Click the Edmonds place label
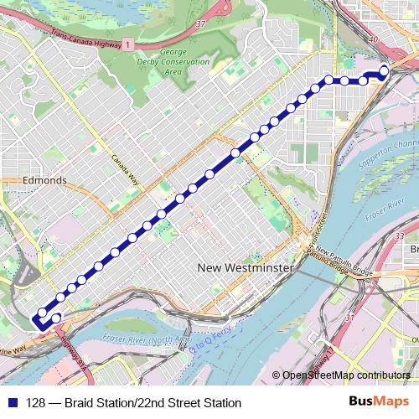click(x=45, y=180)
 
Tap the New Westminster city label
click(x=246, y=267)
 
